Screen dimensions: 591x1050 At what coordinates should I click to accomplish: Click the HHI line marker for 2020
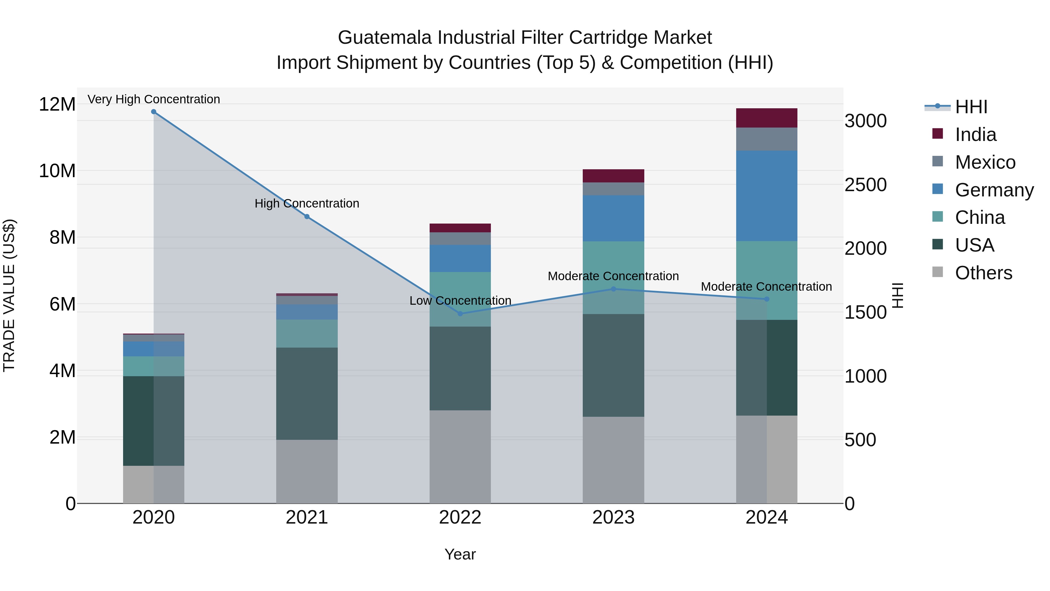coord(154,112)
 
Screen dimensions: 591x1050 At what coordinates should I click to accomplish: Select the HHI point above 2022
coord(460,314)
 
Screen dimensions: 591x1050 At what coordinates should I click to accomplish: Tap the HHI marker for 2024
coord(766,299)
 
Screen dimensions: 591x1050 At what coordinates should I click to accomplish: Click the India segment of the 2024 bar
coord(766,118)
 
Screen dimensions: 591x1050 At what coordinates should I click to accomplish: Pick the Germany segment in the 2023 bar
coord(613,218)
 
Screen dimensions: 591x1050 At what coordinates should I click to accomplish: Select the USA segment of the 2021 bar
coord(307,394)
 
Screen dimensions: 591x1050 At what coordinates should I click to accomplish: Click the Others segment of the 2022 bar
coord(460,457)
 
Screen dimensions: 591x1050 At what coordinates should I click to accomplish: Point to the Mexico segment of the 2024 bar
coord(766,139)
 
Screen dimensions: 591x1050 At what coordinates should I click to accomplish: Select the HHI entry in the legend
coord(971,107)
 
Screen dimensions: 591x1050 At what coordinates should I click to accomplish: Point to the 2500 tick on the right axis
coord(865,185)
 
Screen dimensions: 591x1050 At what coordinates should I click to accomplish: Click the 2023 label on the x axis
coord(613,517)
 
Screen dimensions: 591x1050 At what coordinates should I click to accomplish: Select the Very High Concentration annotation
coord(154,99)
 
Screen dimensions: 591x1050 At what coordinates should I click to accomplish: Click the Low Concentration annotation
coord(460,301)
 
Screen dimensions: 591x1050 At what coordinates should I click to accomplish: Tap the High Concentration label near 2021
coord(307,203)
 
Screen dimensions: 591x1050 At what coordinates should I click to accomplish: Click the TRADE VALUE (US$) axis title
coord(9,295)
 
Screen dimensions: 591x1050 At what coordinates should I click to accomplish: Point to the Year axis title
coord(460,554)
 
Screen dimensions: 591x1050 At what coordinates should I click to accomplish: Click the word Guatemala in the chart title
coord(384,38)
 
